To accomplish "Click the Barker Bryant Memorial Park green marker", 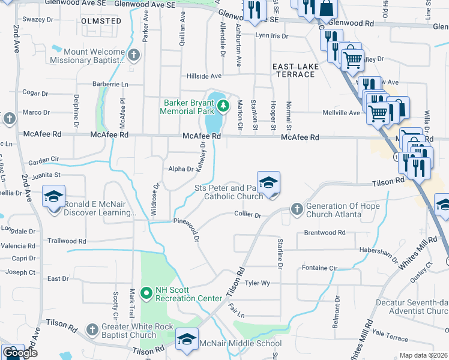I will click(x=223, y=107).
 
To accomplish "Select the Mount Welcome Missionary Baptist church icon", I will click(x=134, y=56).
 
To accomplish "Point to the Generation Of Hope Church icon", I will click(x=296, y=209).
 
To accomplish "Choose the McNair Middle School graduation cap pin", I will click(x=187, y=339).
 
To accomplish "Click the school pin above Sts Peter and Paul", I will click(x=269, y=182).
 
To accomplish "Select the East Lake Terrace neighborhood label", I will click(x=293, y=70).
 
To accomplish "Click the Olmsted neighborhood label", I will click(x=101, y=21).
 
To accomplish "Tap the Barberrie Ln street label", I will click(x=110, y=84).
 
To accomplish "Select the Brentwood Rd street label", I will click(x=325, y=232).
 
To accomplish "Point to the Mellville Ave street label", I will click(x=342, y=112).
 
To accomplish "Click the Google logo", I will click(x=19, y=353).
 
